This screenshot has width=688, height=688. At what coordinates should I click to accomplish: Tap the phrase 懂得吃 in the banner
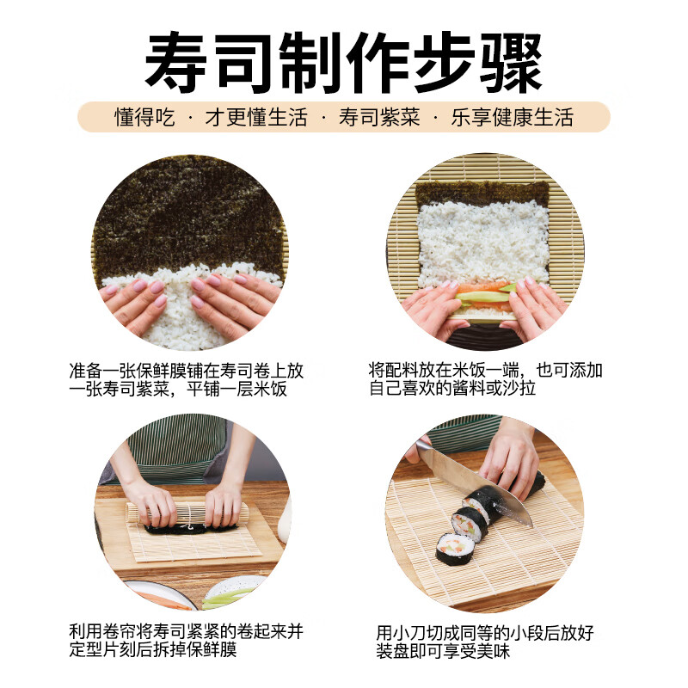click(x=144, y=117)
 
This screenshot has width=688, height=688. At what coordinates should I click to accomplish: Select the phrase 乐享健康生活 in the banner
click(x=512, y=117)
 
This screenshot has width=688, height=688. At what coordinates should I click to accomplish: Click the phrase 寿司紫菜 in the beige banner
click(x=379, y=117)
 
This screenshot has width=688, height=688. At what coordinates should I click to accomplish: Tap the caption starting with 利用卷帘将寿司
click(x=186, y=642)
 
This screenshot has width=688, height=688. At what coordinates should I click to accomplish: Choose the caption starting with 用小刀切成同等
click(x=486, y=642)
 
